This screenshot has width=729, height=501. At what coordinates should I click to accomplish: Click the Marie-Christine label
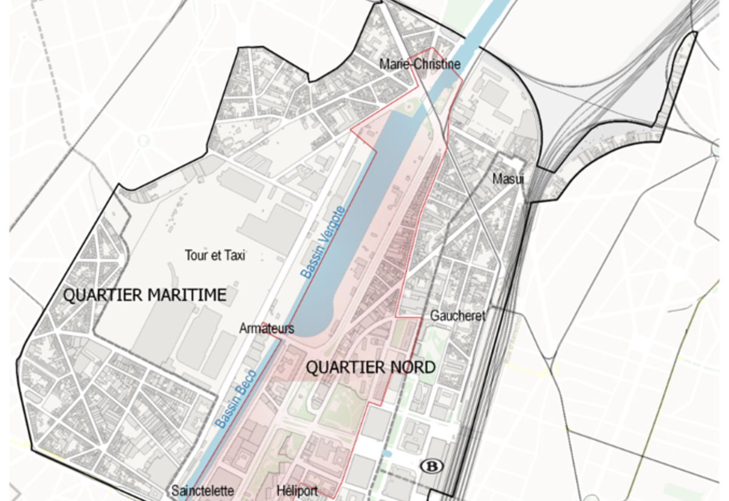coord(420,64)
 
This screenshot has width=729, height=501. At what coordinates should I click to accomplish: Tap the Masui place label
coord(508,179)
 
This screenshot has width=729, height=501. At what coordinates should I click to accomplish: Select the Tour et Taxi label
coord(215,256)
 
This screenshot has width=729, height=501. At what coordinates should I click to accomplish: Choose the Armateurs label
coord(267,329)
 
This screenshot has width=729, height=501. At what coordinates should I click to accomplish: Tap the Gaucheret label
coord(458,316)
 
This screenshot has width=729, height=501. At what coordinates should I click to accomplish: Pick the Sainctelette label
coord(202,491)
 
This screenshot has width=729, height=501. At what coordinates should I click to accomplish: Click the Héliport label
coord(296,491)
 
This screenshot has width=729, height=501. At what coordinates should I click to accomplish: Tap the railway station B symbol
coord(432,466)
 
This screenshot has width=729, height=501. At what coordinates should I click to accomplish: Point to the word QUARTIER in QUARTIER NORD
coord(345,367)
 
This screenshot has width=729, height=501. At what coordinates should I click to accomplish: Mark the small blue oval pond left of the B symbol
coord(388,454)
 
